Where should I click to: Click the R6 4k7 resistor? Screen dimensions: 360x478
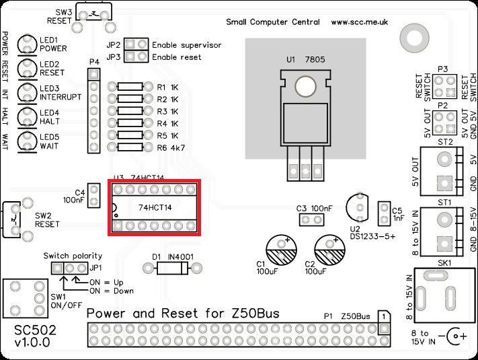[x=129, y=147]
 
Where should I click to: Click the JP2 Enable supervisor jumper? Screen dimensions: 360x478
[x=136, y=45]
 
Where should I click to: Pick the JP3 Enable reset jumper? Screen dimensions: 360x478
[x=136, y=57]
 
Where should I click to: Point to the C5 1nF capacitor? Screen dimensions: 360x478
[x=385, y=211]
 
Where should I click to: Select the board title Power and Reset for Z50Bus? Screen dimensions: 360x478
[x=184, y=314]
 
